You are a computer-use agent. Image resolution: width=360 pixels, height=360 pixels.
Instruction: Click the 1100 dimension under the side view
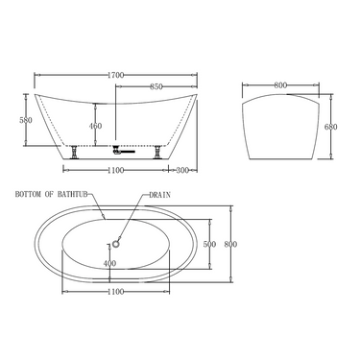tap(117, 170)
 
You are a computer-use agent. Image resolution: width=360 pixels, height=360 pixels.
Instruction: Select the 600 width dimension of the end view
tap(280, 84)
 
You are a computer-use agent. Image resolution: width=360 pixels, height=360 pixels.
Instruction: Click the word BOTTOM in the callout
tap(30, 194)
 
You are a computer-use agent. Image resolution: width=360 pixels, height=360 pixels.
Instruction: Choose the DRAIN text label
tap(159, 194)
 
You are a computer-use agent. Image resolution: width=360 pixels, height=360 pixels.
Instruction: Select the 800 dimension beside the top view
tap(230, 244)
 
